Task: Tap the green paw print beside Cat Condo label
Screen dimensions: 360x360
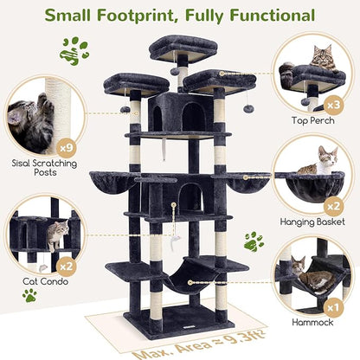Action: pos(29,297)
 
